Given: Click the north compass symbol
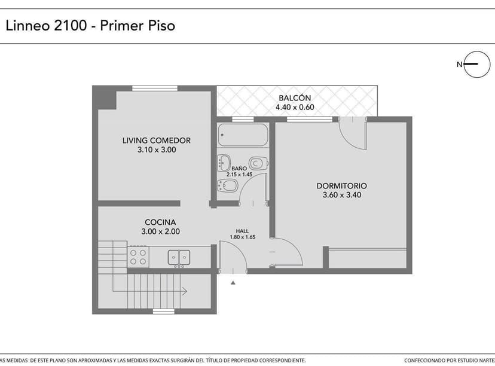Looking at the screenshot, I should click(x=476, y=65).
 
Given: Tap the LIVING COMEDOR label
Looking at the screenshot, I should click(x=157, y=141).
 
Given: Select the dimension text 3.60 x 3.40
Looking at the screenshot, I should click(x=342, y=195).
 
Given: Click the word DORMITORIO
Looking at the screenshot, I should click(x=342, y=186).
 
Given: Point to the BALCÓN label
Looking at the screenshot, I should click(x=295, y=98).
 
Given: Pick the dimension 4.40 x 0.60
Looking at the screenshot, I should click(x=295, y=108).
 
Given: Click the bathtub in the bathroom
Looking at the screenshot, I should click(x=243, y=135).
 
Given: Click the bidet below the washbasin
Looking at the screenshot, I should click(x=228, y=185).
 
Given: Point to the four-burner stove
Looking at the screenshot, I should click(x=139, y=257).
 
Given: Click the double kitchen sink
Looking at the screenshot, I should click(x=179, y=257).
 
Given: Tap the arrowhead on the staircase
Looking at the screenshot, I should click(x=185, y=291).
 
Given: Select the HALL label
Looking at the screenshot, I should click(x=243, y=231).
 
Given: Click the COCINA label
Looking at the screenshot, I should click(x=160, y=222).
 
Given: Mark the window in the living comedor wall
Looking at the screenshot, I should click(x=155, y=89).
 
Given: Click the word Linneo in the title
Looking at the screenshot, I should click(x=27, y=26).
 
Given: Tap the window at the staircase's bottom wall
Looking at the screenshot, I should click(x=163, y=311).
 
